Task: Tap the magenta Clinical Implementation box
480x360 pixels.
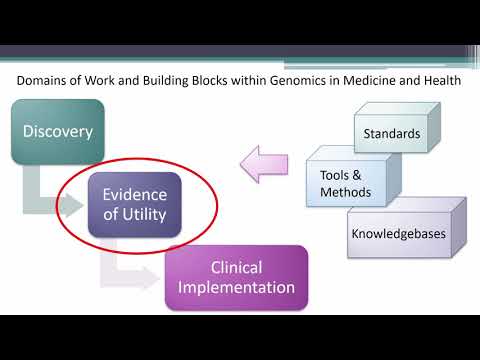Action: [x=236, y=277]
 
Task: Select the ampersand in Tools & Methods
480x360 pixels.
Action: [x=359, y=175]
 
